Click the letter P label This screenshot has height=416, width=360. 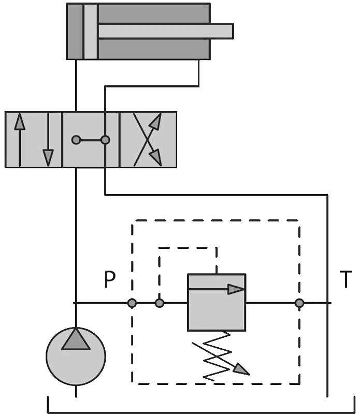110,279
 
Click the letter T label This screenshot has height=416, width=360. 345,279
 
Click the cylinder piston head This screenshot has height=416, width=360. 90,31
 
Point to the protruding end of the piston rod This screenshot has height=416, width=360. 228,31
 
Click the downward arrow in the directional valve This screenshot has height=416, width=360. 48,140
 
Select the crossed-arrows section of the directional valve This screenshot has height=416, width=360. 148,140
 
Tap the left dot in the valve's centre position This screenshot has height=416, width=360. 76,140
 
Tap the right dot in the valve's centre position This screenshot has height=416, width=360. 105,140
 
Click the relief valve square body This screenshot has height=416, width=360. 217,303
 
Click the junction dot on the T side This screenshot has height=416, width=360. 299,303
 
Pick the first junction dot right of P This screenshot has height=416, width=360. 132,303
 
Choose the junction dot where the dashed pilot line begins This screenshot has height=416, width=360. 160,303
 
